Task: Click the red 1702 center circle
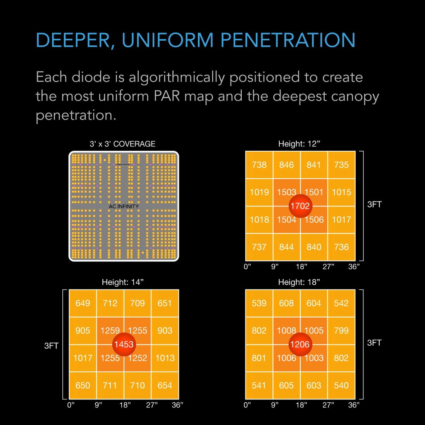coord(300,206)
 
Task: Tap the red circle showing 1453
coord(124,344)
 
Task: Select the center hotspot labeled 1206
coord(300,344)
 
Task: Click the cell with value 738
coord(259,165)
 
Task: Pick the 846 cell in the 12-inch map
coord(287,165)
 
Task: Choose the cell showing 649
coord(83,303)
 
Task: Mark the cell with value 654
coord(165,385)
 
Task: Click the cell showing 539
coord(259,303)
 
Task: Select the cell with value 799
coord(341,330)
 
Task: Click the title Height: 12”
coord(299,144)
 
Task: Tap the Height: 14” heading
coord(122,282)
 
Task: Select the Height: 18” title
coord(299,282)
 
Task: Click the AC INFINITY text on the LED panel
coord(124,206)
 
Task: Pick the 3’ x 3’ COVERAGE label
coord(122,144)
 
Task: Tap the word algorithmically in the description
coord(176,77)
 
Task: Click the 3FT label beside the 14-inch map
coord(51,346)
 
